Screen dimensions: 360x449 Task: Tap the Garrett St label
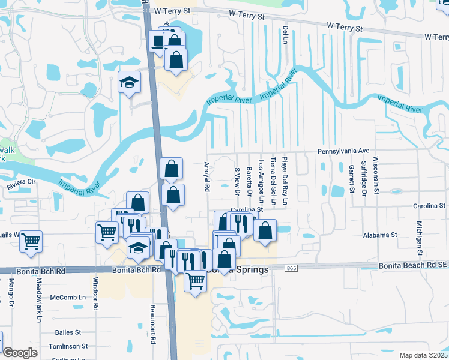(x=352, y=180)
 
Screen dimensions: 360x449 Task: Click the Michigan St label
(x=419, y=236)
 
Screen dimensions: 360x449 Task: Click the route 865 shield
(x=292, y=268)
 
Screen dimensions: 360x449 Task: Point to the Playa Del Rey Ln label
(x=286, y=182)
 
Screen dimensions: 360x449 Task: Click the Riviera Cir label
(x=22, y=187)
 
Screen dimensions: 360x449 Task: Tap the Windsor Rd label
(x=95, y=293)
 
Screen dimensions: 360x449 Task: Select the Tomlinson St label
(x=68, y=346)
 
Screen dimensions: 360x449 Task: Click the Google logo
(x=20, y=353)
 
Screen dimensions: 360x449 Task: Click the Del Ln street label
(x=286, y=35)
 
